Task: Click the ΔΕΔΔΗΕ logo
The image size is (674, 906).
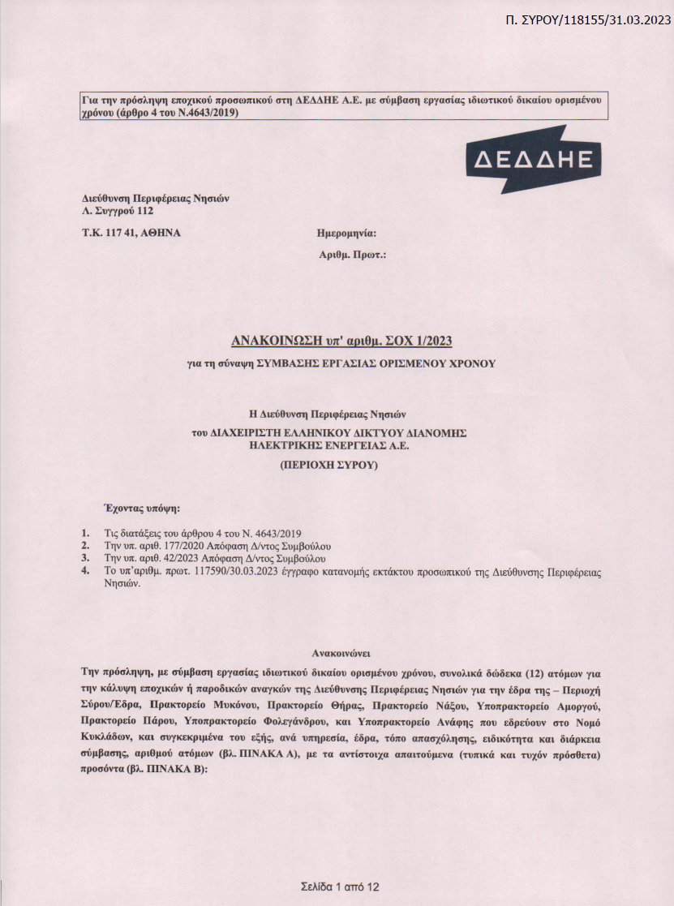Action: coord(534,159)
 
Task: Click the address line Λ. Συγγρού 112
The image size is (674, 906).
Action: coord(118,211)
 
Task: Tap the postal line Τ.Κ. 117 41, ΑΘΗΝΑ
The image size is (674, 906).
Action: coord(131,233)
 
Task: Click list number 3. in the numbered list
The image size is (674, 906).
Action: coord(86,559)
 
